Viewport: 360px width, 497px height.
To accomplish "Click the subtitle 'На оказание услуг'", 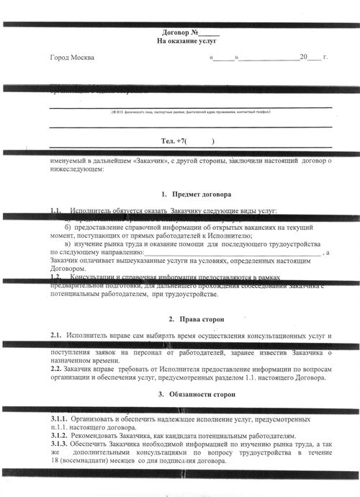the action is (x=186, y=42).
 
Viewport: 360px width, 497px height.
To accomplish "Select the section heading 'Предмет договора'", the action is (x=192, y=194).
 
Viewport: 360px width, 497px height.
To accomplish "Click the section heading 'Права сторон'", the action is (x=195, y=318).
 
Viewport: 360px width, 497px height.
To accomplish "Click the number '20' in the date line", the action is (x=305, y=57).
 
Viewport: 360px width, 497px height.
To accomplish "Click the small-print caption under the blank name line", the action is (x=190, y=112).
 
